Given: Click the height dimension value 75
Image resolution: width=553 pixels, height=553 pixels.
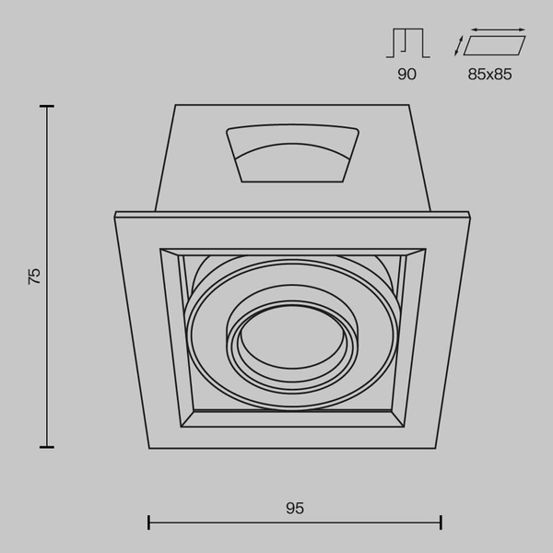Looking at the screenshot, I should tap(35, 275).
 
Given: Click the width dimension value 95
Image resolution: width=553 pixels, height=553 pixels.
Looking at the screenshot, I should tap(295, 508).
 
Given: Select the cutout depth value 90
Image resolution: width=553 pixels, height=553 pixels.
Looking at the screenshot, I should tap(406, 75).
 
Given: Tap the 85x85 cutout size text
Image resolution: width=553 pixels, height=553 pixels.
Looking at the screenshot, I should tap(489, 75).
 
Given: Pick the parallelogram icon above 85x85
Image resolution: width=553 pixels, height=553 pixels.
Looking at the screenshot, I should tap(495, 45).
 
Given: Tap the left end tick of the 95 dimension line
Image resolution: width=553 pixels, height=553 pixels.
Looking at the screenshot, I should tap(148, 523).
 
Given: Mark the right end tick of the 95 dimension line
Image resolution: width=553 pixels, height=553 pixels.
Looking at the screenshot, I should tap(441, 523).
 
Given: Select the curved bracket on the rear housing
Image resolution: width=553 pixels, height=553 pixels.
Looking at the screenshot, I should tap(292, 153).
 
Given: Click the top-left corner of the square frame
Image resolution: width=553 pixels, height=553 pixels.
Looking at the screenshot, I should tap(115, 216).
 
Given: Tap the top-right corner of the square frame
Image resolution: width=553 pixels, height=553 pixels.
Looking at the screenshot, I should tap(469, 216).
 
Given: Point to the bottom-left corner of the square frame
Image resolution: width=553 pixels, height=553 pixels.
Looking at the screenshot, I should tap(148, 449).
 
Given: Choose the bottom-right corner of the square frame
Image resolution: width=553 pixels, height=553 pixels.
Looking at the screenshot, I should tap(436, 449).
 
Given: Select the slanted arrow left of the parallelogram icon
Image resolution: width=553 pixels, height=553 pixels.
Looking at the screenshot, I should tap(459, 45).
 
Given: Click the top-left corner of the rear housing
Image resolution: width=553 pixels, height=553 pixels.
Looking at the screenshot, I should tap(175, 106).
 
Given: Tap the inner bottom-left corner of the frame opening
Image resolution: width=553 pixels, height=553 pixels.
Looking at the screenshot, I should tap(182, 427).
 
